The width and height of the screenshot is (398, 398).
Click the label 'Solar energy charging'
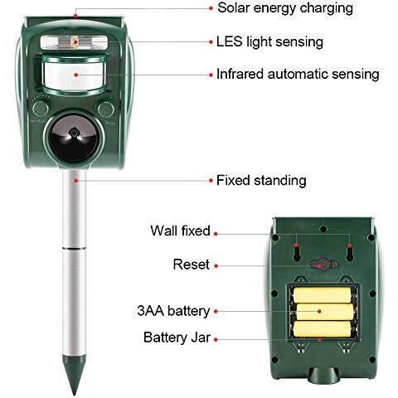(285, 8)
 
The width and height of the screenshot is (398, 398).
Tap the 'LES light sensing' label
(269, 42)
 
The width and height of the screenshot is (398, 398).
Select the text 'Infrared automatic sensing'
(298, 74)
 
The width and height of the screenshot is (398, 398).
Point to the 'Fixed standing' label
(261, 181)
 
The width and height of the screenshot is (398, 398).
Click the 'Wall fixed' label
(180, 231)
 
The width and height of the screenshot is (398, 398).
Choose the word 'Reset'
(192, 265)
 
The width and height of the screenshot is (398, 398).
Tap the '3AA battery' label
(173, 311)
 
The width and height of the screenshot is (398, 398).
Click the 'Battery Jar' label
(177, 337)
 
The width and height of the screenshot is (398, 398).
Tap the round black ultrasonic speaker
(74, 138)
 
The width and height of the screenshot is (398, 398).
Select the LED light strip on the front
(74, 42)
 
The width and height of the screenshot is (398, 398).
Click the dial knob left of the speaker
(41, 109)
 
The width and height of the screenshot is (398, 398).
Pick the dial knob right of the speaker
(106, 109)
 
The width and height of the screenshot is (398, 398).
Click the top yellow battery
(323, 295)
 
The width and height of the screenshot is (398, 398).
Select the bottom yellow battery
(323, 329)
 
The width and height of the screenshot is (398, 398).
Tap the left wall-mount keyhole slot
(297, 251)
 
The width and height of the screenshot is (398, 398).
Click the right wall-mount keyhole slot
(350, 251)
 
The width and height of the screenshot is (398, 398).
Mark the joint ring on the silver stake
(74, 249)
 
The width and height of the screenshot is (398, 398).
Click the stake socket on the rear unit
(323, 376)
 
